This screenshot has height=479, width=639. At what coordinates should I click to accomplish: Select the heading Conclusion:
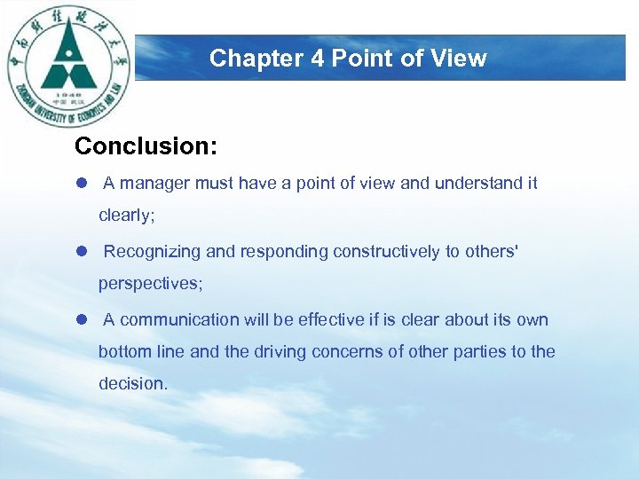click(x=146, y=146)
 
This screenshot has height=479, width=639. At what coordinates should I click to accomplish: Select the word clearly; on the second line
click(x=127, y=216)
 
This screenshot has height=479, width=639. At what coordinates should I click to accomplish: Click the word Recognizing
click(x=152, y=252)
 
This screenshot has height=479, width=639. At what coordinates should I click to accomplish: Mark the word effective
click(x=331, y=320)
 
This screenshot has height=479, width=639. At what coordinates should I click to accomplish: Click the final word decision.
click(x=132, y=384)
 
